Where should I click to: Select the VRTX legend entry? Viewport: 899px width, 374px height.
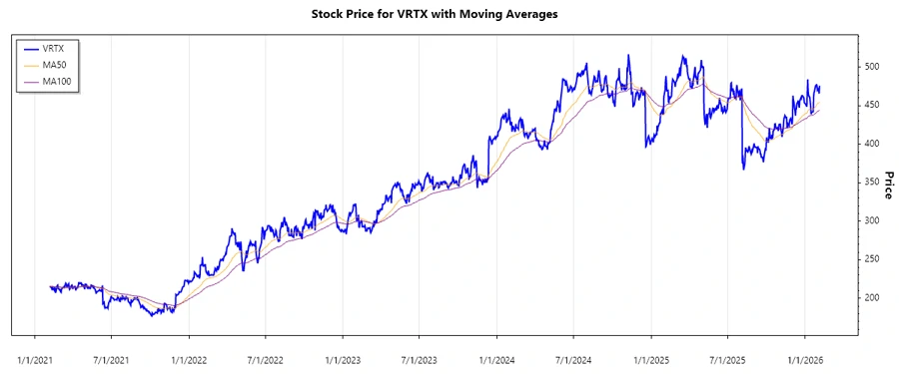55,48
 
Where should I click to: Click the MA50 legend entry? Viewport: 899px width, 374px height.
56,64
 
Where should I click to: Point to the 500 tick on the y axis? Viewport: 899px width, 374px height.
873,67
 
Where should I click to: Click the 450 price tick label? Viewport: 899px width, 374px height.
873,106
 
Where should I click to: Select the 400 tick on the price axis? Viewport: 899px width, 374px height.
873,144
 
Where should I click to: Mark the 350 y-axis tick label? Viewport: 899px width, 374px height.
873,183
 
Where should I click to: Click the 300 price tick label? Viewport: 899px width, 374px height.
873,220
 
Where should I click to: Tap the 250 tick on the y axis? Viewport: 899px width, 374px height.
873,259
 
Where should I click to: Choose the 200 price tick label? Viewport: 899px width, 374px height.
873,298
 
